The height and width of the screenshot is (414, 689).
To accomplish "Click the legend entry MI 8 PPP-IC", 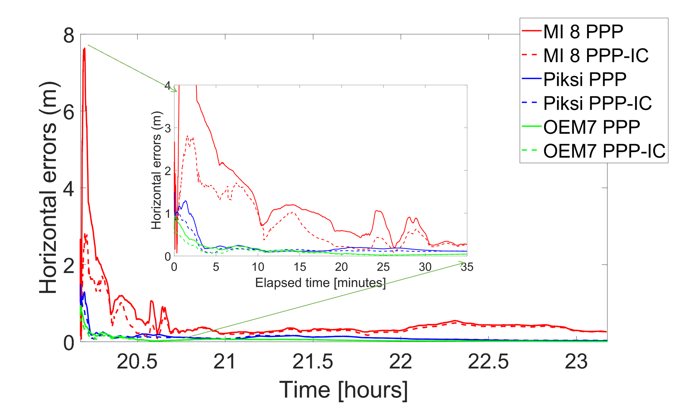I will [595, 55].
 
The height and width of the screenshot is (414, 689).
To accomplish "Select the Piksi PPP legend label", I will [585, 79].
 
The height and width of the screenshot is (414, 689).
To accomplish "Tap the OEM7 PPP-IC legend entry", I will [604, 151].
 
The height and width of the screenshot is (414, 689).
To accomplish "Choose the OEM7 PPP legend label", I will [592, 127].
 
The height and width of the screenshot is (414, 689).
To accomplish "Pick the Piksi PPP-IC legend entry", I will [597, 103].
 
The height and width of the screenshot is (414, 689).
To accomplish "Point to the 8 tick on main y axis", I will [69, 35].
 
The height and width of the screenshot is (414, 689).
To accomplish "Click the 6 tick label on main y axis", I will [69, 112].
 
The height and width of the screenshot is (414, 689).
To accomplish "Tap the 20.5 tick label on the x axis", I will [137, 361].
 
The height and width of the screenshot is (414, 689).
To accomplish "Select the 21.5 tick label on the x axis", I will [313, 361].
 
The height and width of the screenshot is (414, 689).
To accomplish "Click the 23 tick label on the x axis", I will [576, 361].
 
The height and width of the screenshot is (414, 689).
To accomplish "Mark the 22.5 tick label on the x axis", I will [488, 361].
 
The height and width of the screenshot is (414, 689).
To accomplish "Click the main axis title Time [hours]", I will [344, 389].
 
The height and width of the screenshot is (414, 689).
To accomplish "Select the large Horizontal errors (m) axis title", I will [48, 188].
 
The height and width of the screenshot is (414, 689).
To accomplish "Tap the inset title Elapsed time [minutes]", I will [320, 283].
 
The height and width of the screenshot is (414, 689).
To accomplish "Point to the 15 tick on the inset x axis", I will [300, 267].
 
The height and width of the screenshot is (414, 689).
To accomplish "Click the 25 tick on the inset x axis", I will [383, 267].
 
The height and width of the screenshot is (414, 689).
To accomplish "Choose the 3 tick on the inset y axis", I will [168, 128].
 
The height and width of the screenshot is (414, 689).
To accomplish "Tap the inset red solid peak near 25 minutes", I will [377, 211].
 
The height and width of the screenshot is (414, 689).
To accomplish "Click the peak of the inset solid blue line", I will [185, 201].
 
